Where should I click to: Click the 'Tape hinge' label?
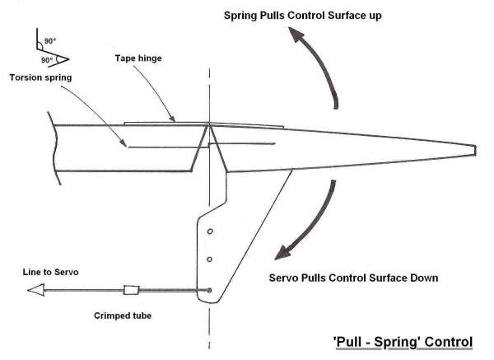point(138,58)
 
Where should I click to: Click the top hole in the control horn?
point(211,231)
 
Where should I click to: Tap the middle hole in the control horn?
point(210,260)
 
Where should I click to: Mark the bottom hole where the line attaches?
point(210,289)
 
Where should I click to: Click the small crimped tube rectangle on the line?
point(131,290)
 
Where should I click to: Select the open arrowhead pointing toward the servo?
point(35,290)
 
